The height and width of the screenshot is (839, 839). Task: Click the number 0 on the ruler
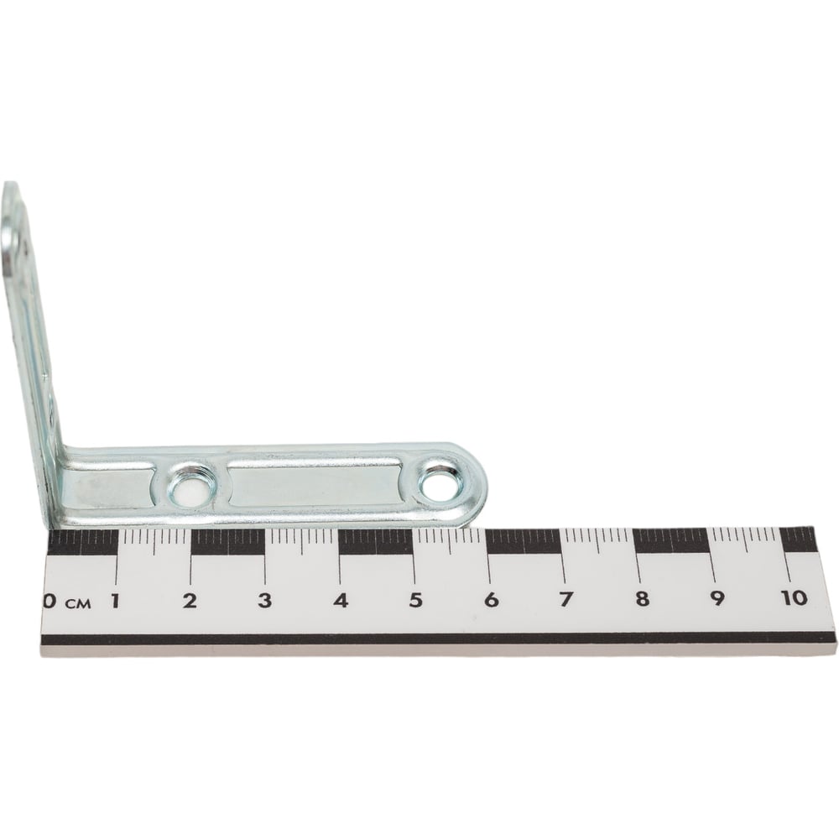coord(50,601)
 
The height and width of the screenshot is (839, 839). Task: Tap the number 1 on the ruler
coord(114,601)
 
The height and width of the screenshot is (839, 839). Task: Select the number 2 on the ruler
coord(190,601)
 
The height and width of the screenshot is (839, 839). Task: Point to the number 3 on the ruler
coord(264,601)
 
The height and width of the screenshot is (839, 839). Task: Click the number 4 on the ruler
coord(341,601)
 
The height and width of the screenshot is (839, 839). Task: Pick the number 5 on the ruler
coord(416,601)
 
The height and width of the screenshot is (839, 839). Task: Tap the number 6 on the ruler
coord(491,601)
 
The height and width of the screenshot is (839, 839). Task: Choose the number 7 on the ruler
coord(566,599)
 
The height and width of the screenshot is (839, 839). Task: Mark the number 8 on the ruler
coord(642,599)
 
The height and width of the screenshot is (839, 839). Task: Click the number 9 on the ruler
coord(717,598)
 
